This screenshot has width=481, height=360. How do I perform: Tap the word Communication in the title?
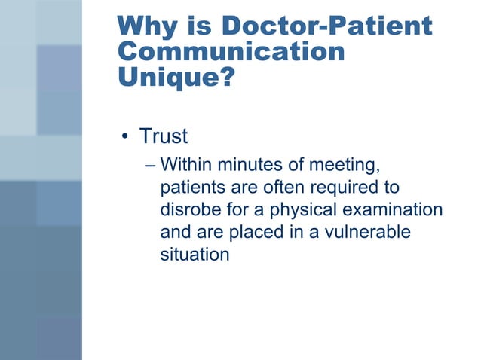[231, 53]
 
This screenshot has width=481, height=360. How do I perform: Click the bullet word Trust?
[163, 136]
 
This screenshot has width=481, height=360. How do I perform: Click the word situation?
[194, 255]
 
